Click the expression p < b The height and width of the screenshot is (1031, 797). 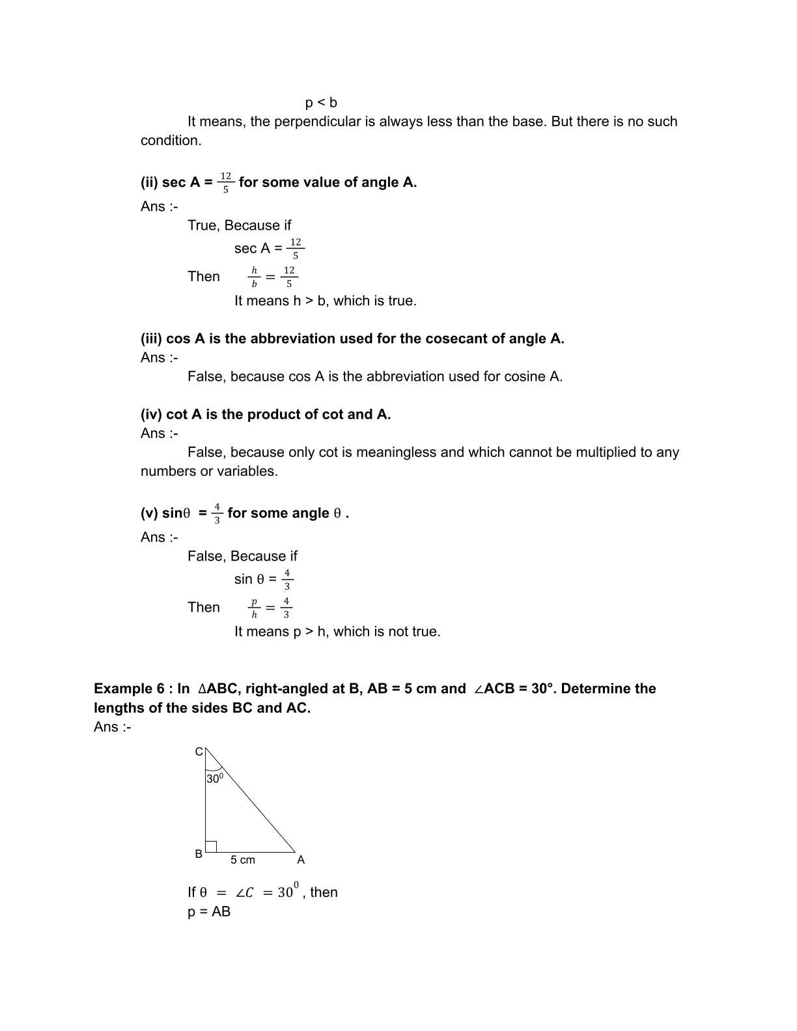click(x=321, y=103)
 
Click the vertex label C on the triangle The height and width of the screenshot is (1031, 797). click(x=199, y=752)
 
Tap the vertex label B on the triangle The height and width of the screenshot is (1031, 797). click(x=199, y=854)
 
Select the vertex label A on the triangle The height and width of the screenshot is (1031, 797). click(x=301, y=860)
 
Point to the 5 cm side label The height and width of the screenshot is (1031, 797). click(x=243, y=860)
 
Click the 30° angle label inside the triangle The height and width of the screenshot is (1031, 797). click(x=215, y=778)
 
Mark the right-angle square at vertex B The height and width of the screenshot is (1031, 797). click(x=211, y=846)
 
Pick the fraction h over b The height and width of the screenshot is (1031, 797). click(x=254, y=277)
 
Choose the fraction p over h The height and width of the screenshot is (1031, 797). click(x=254, y=608)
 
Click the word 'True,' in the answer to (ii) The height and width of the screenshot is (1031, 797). click(x=204, y=225)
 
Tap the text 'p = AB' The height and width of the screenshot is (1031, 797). click(x=209, y=911)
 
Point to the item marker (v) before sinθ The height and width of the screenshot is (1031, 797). click(x=149, y=514)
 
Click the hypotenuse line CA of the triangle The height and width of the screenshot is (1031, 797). click(x=251, y=801)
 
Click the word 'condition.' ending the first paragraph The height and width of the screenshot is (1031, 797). click(x=171, y=141)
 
